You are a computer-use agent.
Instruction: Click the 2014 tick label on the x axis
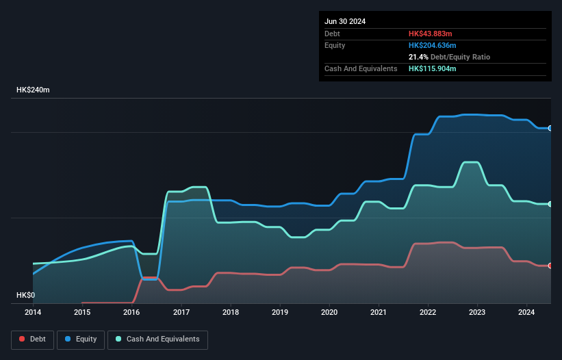point(33,313)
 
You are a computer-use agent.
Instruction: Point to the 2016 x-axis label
point(131,313)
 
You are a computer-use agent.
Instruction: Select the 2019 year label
point(280,313)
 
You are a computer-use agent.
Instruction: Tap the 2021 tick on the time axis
point(379,313)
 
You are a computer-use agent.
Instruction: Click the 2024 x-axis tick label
point(526,313)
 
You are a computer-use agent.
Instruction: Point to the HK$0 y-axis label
point(25,296)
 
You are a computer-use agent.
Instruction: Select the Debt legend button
point(32,339)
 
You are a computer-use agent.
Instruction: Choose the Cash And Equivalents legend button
point(157,339)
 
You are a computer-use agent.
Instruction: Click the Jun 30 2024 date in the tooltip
point(345,21)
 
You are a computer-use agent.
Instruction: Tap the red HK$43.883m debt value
point(431,34)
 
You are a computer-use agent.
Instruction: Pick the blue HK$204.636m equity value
point(433,45)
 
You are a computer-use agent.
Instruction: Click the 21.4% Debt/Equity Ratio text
point(449,57)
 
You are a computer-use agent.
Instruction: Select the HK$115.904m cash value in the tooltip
point(433,68)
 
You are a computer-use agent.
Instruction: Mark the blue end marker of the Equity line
point(550,128)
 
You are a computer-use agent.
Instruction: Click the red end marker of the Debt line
point(550,266)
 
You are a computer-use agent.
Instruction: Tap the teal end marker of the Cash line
point(550,204)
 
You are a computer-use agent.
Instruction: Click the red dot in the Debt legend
point(22,339)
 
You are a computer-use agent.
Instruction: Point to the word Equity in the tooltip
point(335,45)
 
